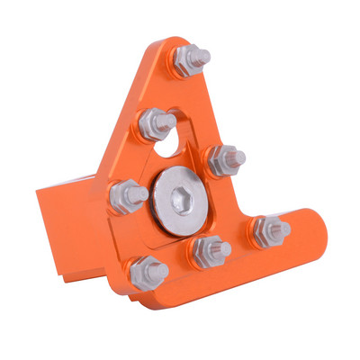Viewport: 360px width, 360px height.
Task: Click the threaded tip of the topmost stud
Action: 204,57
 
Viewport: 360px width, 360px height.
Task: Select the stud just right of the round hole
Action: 221,161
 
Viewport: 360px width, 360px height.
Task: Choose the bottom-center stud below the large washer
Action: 206,249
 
